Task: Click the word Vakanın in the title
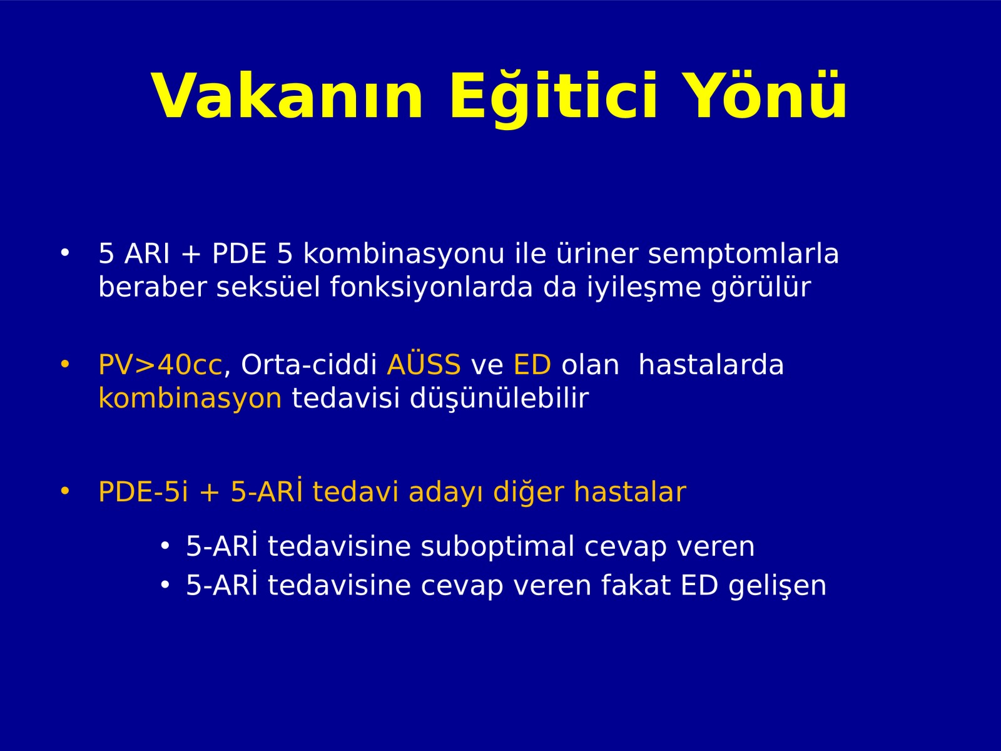tap(287, 96)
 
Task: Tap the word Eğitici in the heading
tap(554, 98)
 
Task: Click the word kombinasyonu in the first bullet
tap(404, 253)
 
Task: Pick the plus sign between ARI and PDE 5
tap(191, 255)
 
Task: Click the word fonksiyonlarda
tap(431, 287)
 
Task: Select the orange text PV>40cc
tap(160, 365)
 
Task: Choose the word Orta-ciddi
tap(308, 364)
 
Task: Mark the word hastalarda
tap(711, 365)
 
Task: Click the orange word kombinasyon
tap(190, 398)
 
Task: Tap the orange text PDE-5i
tap(143, 492)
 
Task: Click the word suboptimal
tap(497, 547)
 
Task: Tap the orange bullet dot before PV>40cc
tap(65, 364)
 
